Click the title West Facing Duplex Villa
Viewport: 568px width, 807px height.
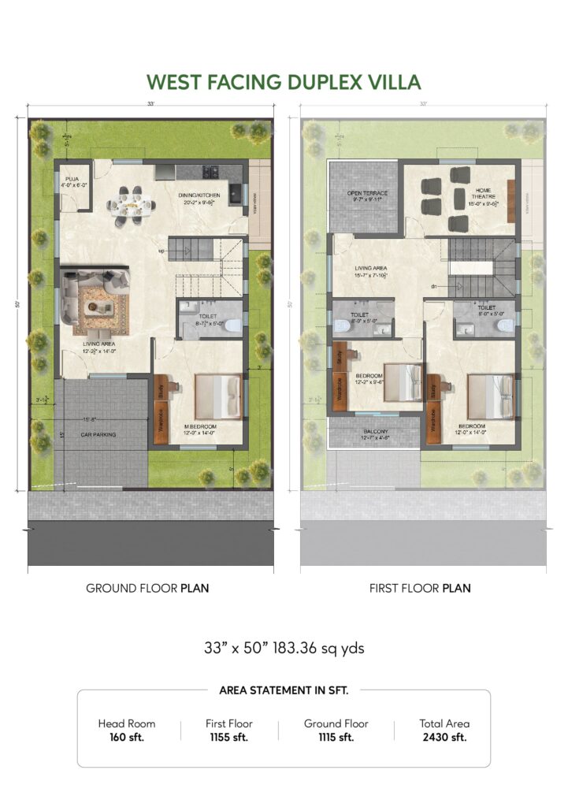284,82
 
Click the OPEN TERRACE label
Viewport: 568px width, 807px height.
365,193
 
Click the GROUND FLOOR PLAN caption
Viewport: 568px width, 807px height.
147,588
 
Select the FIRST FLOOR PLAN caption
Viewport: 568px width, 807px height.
420,588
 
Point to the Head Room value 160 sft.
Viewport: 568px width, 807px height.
126,738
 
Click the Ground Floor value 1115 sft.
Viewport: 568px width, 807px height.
336,738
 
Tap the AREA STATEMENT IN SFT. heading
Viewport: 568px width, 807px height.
284,690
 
